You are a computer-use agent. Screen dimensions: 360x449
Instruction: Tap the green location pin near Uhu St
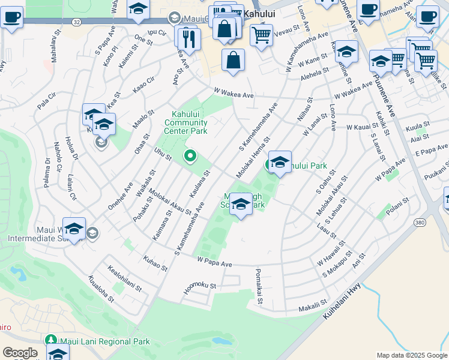click(190, 157)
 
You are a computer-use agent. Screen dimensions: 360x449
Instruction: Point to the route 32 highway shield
click(76, 22)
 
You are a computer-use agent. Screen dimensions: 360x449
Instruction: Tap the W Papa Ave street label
click(214, 262)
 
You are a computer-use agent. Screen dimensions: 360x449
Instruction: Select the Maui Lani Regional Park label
click(105, 341)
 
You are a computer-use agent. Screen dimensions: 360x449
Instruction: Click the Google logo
click(20, 352)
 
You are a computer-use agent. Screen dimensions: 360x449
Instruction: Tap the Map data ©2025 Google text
click(412, 355)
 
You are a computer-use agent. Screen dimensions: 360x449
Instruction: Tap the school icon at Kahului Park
click(280, 163)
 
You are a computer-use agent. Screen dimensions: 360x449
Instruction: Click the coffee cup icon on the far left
click(11, 18)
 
